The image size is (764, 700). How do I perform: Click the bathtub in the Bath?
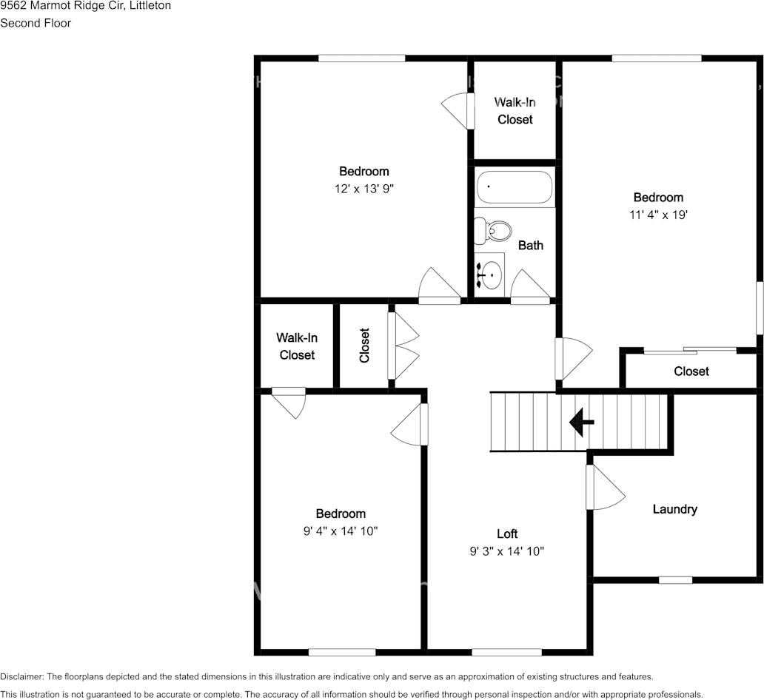point(515,188)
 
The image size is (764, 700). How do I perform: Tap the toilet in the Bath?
point(492,231)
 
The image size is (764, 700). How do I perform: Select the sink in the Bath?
point(489,275)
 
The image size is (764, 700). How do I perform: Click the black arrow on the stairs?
point(581,423)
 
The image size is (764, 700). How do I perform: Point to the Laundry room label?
point(674,509)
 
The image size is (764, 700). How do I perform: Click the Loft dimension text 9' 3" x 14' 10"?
point(507,551)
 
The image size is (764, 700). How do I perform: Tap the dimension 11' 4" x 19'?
point(657,215)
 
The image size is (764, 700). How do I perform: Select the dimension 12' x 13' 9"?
point(363,189)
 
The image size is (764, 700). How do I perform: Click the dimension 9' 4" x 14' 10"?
point(341,531)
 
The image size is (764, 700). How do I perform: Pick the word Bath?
point(530,245)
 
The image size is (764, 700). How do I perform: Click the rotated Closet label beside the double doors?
point(364,346)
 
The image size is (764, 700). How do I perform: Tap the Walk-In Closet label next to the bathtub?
point(515,110)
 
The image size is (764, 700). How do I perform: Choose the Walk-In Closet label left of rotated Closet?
point(297,346)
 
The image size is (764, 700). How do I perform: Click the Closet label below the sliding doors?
point(691,371)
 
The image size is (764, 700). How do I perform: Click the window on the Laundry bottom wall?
point(674,580)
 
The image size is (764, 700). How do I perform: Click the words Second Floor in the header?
point(36,23)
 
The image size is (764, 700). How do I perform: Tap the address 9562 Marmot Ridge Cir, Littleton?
point(85,6)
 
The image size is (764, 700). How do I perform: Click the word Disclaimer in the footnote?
point(21,677)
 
